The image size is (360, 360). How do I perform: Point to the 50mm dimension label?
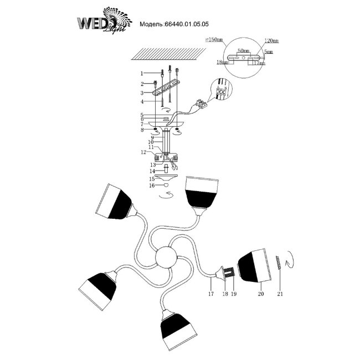click(242, 50)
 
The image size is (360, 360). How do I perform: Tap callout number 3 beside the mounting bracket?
click(142, 92)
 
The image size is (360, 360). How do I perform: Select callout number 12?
click(142, 151)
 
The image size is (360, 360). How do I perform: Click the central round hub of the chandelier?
click(167, 258)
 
